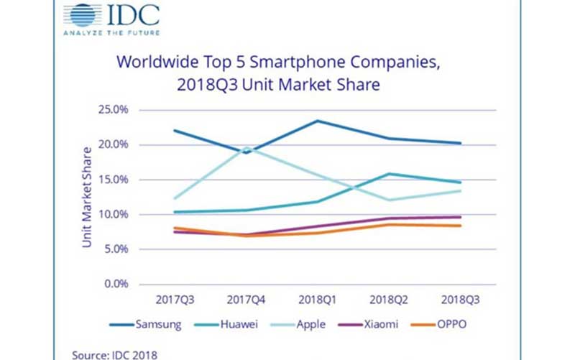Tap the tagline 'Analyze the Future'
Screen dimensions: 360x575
(x=111, y=33)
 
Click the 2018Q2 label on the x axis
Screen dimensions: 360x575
(x=389, y=298)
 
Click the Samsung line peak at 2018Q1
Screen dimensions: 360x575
(x=318, y=121)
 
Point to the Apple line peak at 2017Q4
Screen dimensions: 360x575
(x=246, y=148)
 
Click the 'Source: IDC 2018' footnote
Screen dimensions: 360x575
(x=114, y=354)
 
